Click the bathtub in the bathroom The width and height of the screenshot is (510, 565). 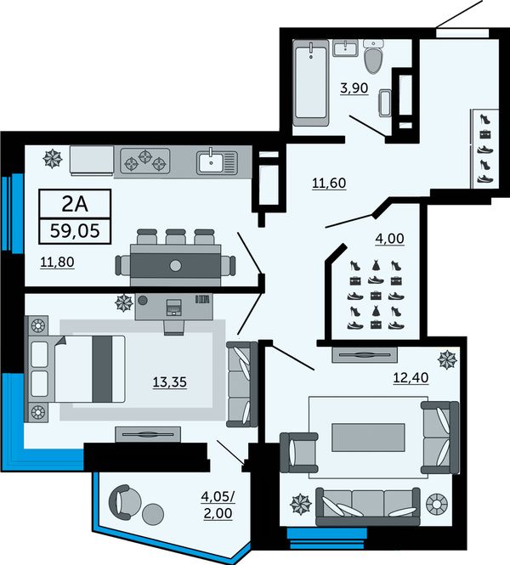click(x=311, y=83)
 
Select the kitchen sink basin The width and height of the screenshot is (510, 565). click(x=211, y=162)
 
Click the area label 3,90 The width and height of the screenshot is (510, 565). click(x=354, y=88)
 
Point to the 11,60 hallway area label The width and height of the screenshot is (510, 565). click(x=329, y=183)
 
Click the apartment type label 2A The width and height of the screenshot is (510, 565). click(x=75, y=204)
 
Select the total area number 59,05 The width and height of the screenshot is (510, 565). click(x=75, y=230)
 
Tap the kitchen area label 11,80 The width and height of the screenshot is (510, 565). click(x=57, y=262)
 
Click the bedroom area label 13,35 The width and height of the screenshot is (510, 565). click(x=170, y=382)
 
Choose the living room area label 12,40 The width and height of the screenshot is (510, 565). click(x=411, y=377)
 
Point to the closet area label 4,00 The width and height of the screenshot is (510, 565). click(x=389, y=239)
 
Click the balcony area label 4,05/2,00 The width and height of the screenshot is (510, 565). click(x=218, y=506)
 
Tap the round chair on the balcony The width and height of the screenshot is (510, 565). click(x=124, y=501)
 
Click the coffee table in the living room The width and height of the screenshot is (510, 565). click(x=368, y=437)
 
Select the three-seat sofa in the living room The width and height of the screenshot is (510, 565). click(x=368, y=506)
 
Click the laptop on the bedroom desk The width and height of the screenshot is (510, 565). click(x=174, y=308)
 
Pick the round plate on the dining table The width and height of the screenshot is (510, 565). click(x=176, y=266)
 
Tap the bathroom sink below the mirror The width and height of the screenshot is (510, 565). click(x=345, y=48)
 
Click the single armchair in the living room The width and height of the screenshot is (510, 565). click(x=299, y=453)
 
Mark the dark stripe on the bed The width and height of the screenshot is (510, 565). click(x=102, y=369)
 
